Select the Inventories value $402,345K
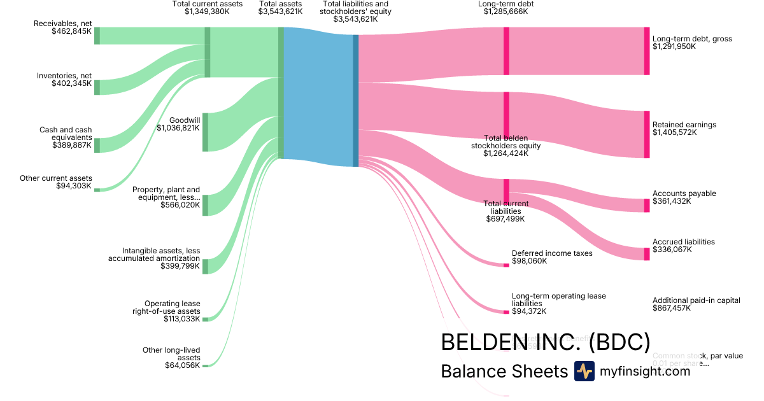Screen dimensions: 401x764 coord(71,83)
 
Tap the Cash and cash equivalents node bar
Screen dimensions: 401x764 coord(97,144)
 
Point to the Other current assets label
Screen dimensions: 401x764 coord(56,178)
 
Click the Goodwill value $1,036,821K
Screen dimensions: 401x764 coord(178,127)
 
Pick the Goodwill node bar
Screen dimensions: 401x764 coord(205,132)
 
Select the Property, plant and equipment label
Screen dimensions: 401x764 coord(166,193)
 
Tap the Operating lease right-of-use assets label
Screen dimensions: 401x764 coord(172,307)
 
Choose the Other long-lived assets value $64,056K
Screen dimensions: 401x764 coord(183,365)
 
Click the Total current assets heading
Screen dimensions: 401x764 coord(207,4)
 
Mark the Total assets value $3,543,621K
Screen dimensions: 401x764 coord(281,11)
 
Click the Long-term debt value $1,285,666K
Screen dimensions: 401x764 coord(506,11)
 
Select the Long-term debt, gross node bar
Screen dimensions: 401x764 coord(647,51)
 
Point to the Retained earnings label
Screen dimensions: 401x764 coord(684,125)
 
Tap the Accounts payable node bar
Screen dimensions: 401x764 coord(647,205)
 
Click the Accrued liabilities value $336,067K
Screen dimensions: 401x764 coord(672,250)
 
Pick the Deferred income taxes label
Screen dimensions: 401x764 coord(552,253)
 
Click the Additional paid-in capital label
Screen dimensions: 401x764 coord(696,300)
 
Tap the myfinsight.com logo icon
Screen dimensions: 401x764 coord(584,371)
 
